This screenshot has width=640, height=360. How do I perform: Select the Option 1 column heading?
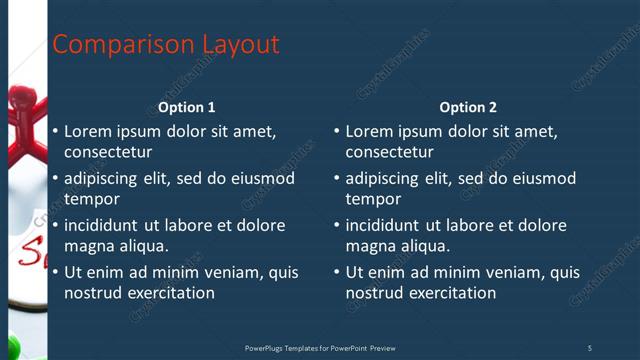click(x=187, y=107)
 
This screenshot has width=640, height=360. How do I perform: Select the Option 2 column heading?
click(x=468, y=107)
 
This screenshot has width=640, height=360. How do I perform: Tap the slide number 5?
click(x=589, y=348)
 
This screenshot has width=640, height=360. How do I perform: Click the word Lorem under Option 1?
click(x=87, y=131)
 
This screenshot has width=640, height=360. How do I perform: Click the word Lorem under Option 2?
click(x=369, y=131)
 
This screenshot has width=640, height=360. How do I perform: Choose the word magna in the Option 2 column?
click(x=371, y=245)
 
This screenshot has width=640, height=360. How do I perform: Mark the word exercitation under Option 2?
click(x=451, y=293)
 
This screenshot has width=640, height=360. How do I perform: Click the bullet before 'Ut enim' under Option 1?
click(x=55, y=272)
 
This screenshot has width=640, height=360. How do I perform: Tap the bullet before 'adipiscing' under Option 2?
click(x=337, y=178)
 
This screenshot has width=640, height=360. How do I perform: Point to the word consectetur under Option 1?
click(x=108, y=152)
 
